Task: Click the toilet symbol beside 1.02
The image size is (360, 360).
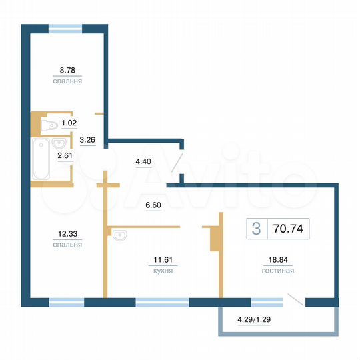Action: coord(49,125)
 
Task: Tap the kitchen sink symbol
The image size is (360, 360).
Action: coord(120,235)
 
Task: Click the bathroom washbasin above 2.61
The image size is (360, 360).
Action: coord(57,143)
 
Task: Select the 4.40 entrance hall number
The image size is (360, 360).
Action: coord(143,161)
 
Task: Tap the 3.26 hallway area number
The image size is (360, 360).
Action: coord(87,140)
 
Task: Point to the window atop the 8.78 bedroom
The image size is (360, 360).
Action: coord(66,28)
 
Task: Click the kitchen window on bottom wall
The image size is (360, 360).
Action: coord(162,302)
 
